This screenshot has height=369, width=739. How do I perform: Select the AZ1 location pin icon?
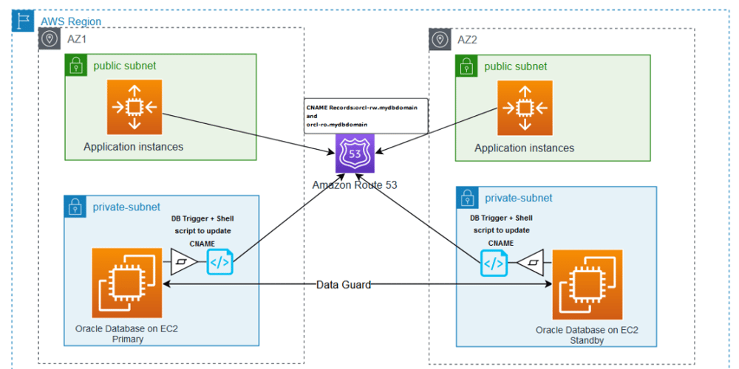tap(50, 39)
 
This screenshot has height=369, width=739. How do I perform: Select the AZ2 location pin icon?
tap(440, 39)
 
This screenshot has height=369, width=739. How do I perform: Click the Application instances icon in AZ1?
tap(134, 108)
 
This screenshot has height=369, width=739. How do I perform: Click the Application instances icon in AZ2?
tap(525, 108)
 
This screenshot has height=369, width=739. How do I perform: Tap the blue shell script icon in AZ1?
tap(220, 262)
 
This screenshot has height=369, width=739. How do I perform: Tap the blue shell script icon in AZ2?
tap(494, 262)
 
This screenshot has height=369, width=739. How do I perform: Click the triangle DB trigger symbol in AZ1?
tap(184, 262)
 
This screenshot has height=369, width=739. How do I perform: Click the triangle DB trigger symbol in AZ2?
tap(532, 262)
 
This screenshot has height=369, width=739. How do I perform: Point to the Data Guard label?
tap(344, 285)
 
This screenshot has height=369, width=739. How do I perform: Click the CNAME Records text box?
tap(366, 116)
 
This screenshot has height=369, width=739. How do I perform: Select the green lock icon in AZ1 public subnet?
tap(75, 66)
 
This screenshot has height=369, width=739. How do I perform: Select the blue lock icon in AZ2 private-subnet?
tap(467, 198)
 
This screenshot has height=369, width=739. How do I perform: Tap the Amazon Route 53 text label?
tap(355, 184)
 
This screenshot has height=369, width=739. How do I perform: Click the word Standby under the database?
tap(587, 340)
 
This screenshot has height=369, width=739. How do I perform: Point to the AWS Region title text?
tap(71, 22)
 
